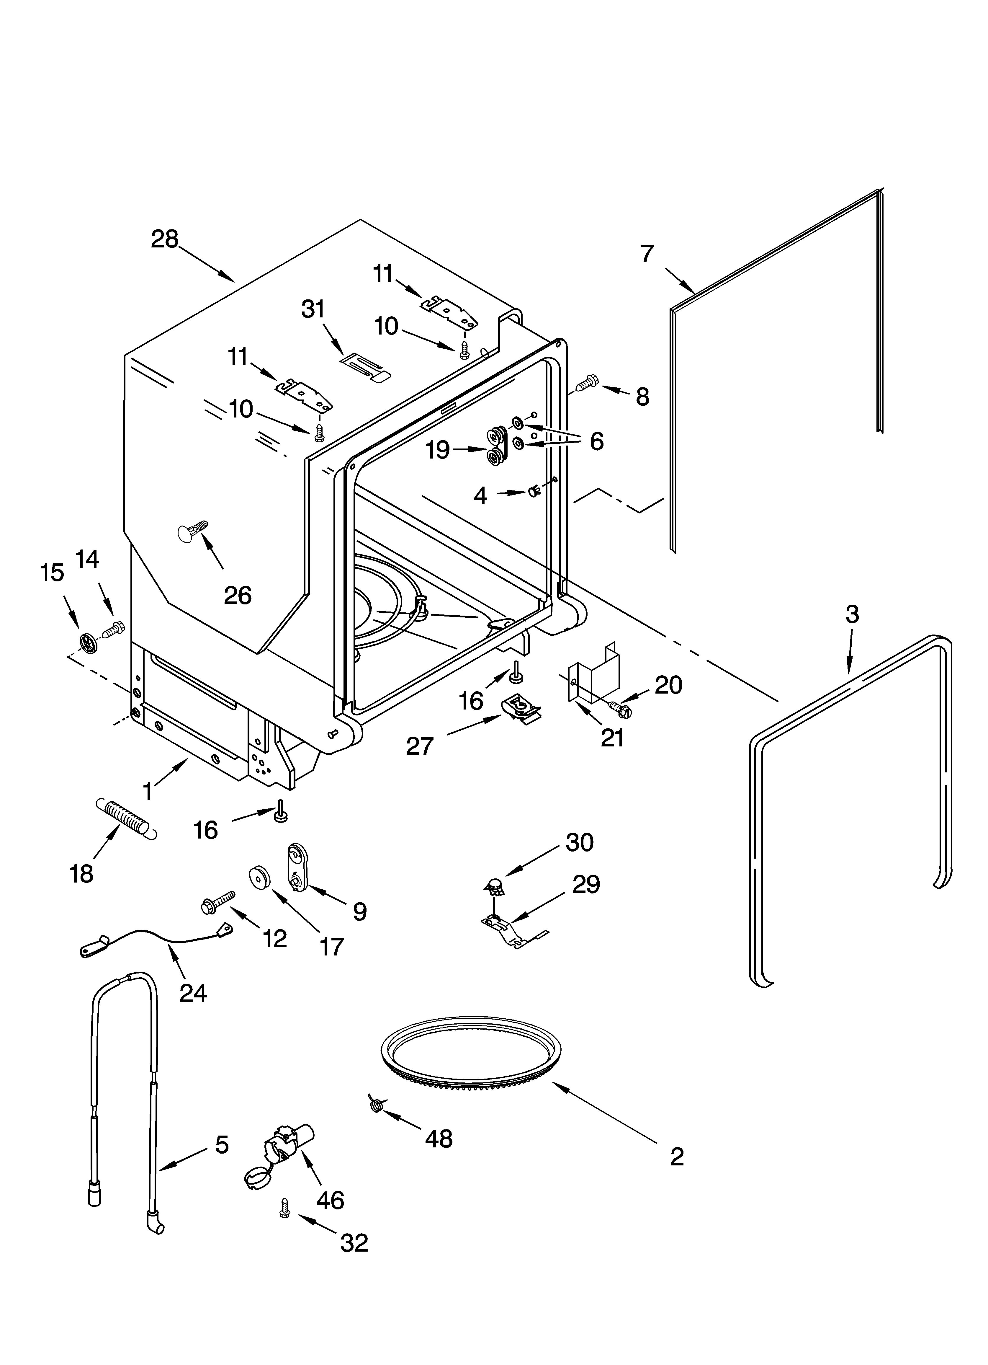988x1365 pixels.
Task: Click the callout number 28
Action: tap(164, 239)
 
